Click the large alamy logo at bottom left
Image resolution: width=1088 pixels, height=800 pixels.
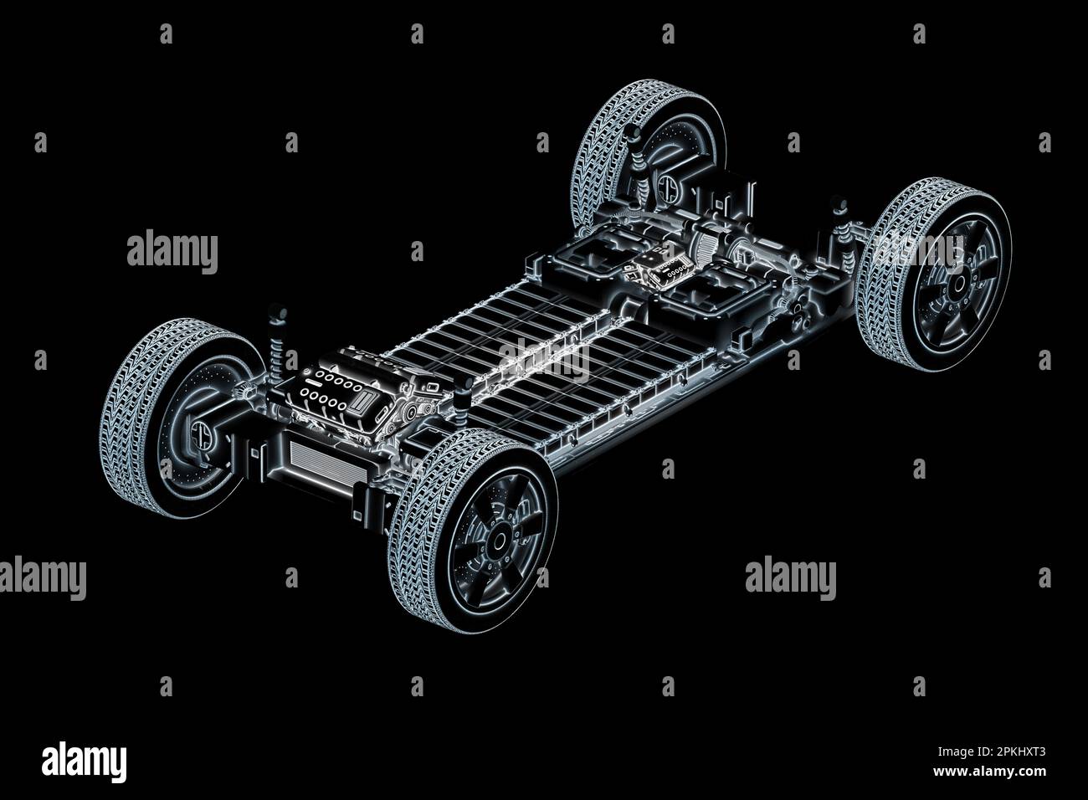[x=84, y=762]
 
